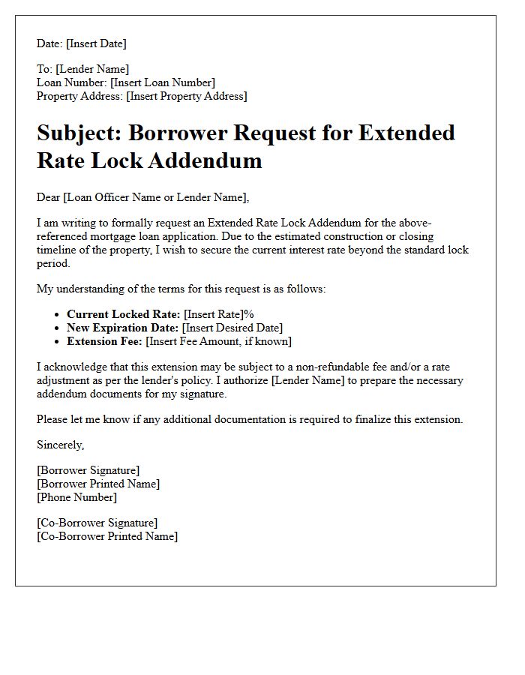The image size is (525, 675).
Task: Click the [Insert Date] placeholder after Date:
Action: click(x=96, y=43)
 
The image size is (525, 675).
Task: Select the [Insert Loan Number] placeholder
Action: click(x=162, y=82)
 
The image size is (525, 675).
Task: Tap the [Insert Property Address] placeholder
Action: click(x=186, y=96)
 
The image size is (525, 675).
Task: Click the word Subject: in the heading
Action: click(x=79, y=133)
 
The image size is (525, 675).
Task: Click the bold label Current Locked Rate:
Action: click(x=123, y=314)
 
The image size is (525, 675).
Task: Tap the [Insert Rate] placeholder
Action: click(x=213, y=314)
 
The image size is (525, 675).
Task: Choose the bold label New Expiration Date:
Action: click(x=122, y=328)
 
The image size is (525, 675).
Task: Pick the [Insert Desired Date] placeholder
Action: click(x=232, y=328)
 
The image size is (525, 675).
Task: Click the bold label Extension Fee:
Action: click(x=104, y=341)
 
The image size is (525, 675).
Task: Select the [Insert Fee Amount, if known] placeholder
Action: click(x=218, y=341)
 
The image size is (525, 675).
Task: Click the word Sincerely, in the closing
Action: click(x=61, y=445)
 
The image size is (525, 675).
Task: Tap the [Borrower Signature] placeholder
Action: click(x=88, y=470)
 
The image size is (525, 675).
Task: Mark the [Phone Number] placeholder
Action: click(x=76, y=497)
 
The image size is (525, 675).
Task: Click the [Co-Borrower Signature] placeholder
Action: click(x=97, y=523)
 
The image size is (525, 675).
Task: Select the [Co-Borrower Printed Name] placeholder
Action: click(x=107, y=536)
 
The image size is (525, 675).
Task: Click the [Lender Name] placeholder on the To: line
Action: click(x=92, y=69)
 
